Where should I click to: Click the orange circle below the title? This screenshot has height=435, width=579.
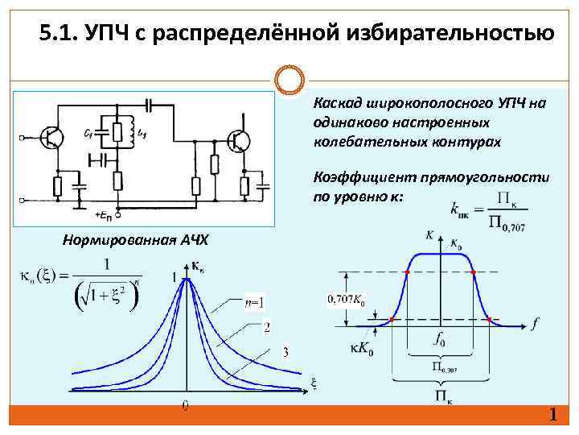[289, 81]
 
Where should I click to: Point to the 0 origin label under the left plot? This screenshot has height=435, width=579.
[186, 406]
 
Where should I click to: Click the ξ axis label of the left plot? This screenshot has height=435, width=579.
[314, 383]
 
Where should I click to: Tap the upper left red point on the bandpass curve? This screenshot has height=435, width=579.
[407, 273]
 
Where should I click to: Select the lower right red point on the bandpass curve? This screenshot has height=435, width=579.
[489, 320]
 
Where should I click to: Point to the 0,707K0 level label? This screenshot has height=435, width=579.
[346, 300]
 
